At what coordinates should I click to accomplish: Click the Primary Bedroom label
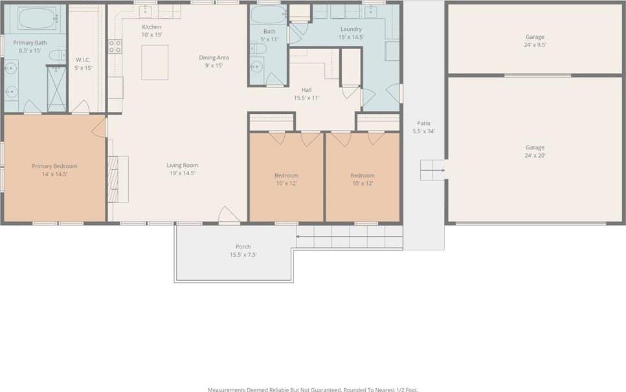coord(54,166)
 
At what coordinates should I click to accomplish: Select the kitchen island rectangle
coord(155,62)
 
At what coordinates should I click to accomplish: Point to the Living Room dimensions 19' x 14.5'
coord(182,173)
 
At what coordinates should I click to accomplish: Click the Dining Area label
coord(214,58)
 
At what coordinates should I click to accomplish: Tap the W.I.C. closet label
coord(83,60)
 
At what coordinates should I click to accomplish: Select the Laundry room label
coord(351,29)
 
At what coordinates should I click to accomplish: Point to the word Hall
coord(307,90)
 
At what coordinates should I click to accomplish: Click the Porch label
coord(243,247)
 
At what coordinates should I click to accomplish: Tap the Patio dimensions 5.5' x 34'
coord(423,131)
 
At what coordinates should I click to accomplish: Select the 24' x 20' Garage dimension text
coord(535,155)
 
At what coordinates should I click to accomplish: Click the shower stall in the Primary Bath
coord(57,89)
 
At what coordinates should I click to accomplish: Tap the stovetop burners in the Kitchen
coord(115,47)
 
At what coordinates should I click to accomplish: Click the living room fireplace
coord(113,179)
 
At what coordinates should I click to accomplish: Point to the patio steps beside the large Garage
coord(432,170)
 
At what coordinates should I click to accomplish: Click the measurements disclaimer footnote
coord(313,389)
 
